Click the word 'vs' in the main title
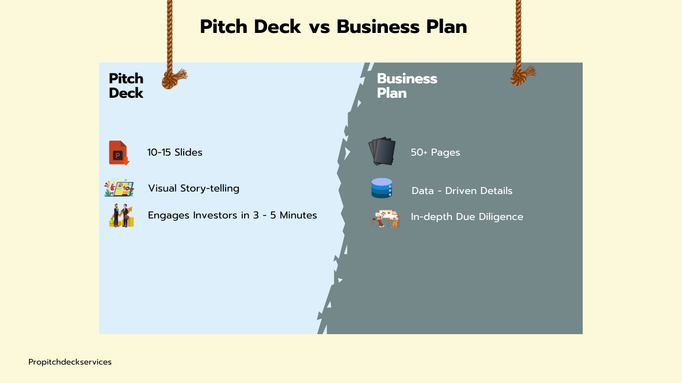(319, 27)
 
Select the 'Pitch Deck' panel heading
(126, 86)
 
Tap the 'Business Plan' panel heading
(406, 86)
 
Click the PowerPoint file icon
(119, 153)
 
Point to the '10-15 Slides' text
(175, 153)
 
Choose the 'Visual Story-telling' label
(194, 189)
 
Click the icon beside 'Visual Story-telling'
(119, 188)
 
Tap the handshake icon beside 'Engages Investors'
(121, 216)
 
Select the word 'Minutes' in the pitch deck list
(298, 215)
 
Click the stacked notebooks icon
(382, 151)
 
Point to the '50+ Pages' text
(435, 153)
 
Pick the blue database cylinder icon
(381, 189)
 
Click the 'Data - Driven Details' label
(462, 191)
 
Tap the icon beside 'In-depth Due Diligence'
(386, 218)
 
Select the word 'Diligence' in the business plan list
(500, 217)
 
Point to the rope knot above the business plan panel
(520, 76)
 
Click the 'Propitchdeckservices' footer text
(70, 362)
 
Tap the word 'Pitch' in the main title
(225, 27)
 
